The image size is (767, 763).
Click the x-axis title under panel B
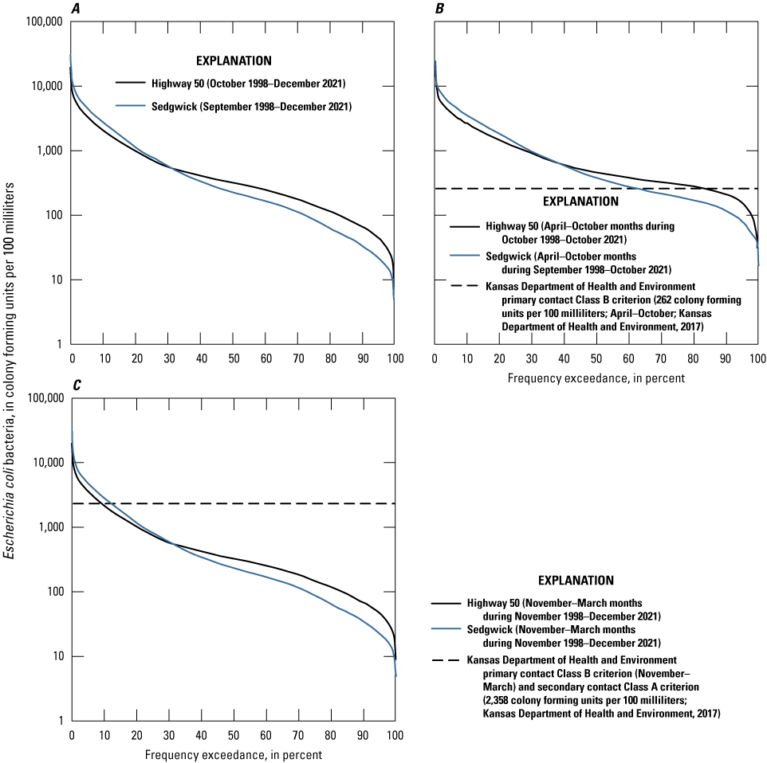coord(596,377)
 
